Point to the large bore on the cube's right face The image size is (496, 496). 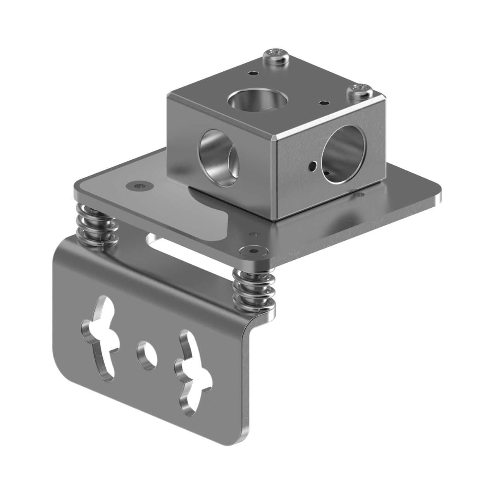[x=343, y=154]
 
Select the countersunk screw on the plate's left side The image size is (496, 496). [x=139, y=186]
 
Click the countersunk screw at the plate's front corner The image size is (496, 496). [x=251, y=251]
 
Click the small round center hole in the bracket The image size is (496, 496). [x=147, y=354]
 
